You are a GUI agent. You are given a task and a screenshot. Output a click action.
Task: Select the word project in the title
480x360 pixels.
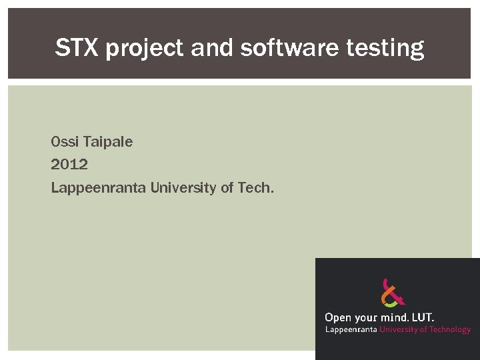pos(142,49)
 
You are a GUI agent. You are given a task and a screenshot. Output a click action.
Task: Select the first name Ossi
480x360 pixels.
pos(64,142)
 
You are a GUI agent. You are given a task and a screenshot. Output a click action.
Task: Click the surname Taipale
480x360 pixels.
pos(107,142)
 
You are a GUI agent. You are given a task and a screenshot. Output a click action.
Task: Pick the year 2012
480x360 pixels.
pos(69,165)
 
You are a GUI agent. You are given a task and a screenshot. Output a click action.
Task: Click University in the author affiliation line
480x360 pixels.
pos(183,188)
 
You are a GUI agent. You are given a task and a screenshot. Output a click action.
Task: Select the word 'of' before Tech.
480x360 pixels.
pos(227,188)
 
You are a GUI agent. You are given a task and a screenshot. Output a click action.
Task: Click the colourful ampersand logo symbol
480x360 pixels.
pos(393,293)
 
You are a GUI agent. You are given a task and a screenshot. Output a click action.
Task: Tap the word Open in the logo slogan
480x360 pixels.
pos(338,318)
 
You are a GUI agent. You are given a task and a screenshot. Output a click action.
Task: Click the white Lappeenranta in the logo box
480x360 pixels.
pos(351,329)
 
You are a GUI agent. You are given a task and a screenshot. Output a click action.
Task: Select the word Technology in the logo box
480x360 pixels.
pos(449,329)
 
